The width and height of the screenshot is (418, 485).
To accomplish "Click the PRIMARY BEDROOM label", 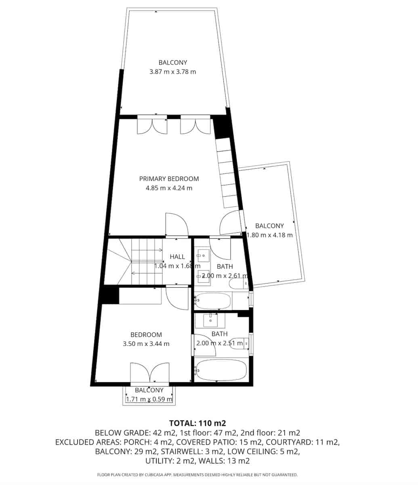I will [169, 179].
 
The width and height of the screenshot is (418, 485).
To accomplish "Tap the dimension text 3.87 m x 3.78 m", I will [172, 72].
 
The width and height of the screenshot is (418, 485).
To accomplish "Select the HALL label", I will [177, 257].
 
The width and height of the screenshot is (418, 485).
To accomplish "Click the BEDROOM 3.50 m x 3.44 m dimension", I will [146, 344].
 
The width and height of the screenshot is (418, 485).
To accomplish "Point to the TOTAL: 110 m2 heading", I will [197, 424].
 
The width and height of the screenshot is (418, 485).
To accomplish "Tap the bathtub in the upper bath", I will [213, 301].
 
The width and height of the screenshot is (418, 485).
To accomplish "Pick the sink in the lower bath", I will [210, 321].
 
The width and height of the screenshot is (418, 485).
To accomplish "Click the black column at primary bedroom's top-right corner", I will [221, 127].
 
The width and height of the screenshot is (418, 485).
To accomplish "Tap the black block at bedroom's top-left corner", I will [110, 295].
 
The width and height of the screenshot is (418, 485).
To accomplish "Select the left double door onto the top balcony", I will [152, 124].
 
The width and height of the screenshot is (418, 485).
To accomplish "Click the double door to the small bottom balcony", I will [149, 372].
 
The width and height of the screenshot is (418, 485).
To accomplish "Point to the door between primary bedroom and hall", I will [176, 224].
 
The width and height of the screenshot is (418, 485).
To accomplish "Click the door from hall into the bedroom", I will [177, 297].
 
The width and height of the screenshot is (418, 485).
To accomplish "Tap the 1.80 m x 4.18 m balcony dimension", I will [269, 235].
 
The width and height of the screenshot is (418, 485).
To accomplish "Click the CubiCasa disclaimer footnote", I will [197, 474].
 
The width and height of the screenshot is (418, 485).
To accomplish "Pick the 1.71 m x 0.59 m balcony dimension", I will [149, 399].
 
